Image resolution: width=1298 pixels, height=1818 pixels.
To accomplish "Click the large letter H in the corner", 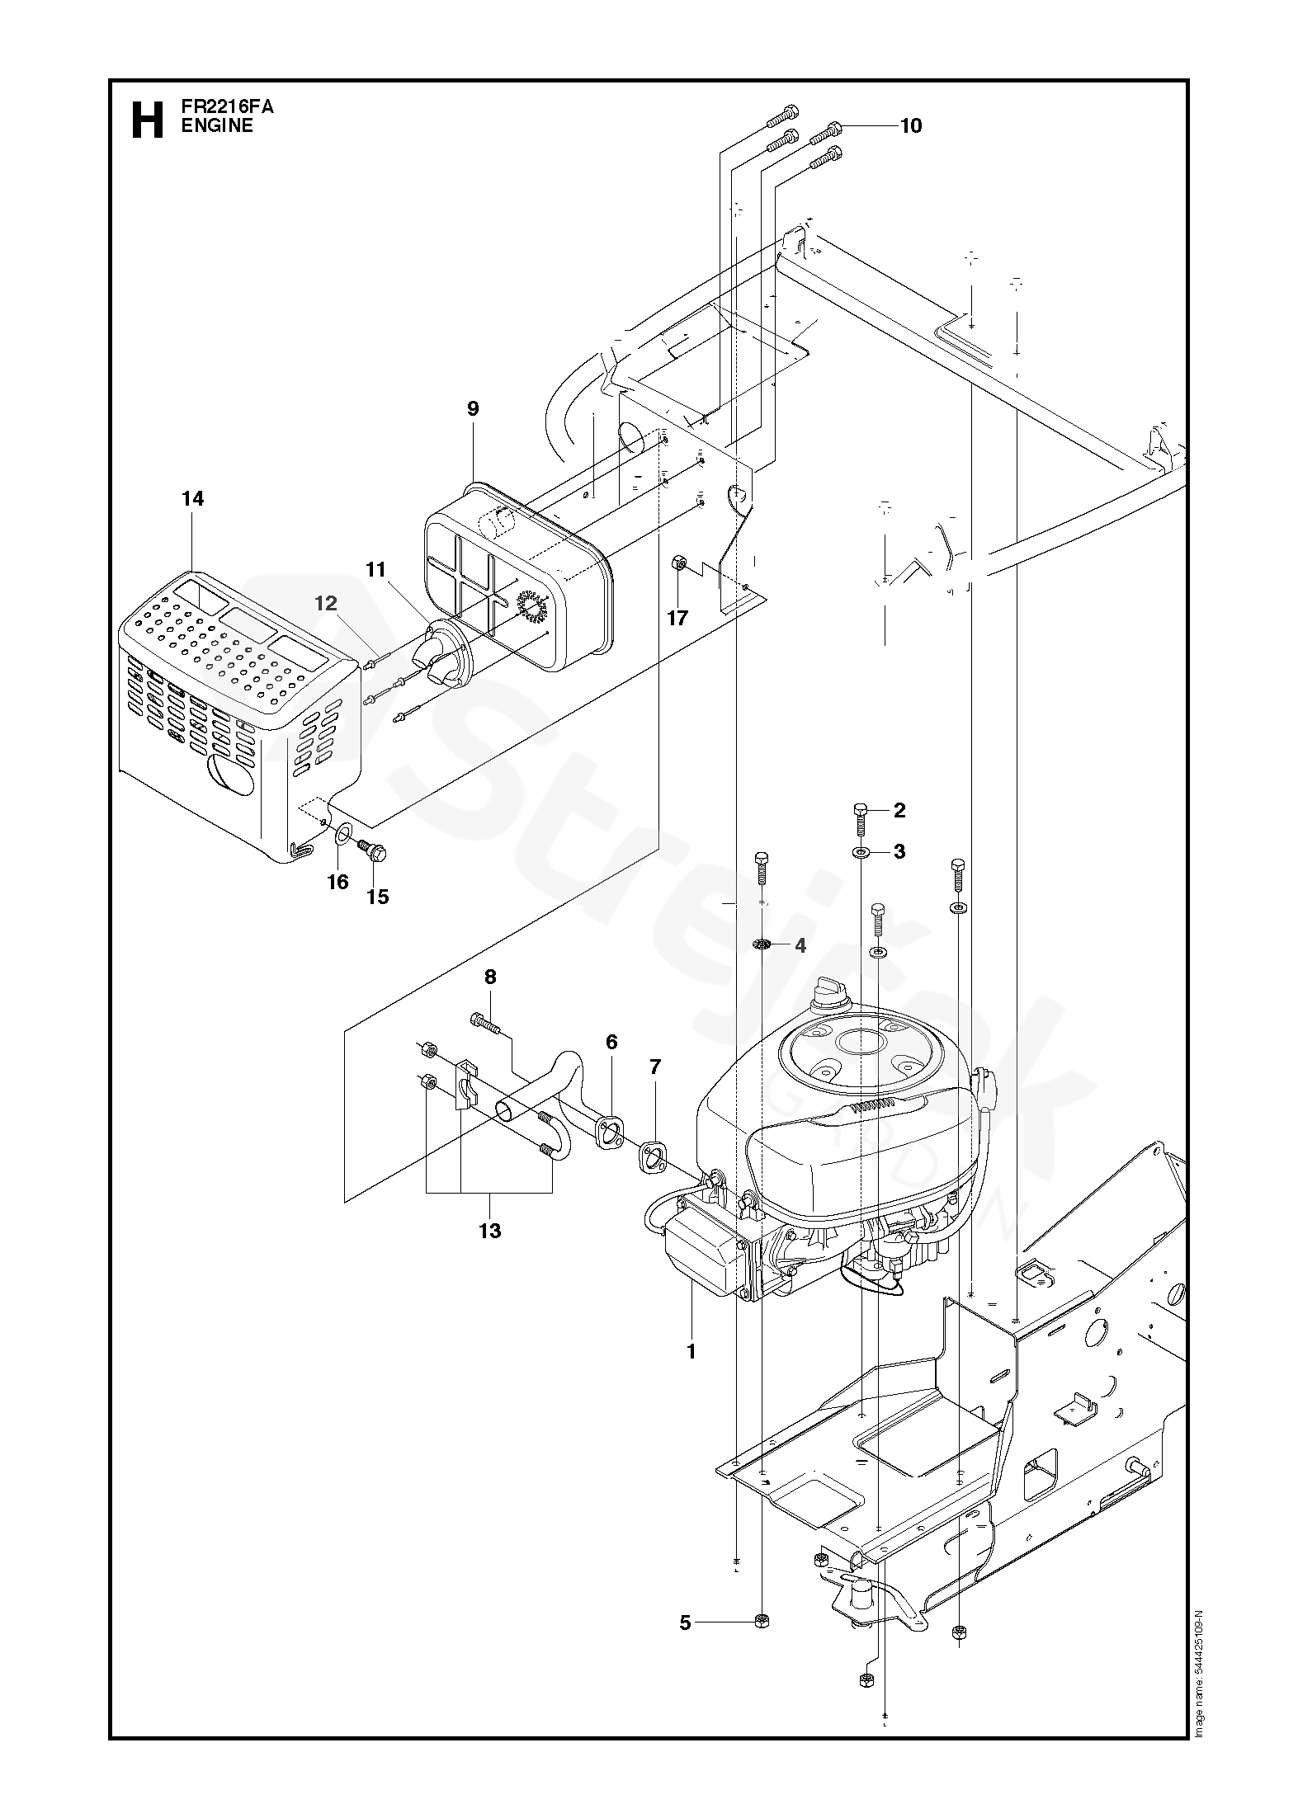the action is pos(147,120).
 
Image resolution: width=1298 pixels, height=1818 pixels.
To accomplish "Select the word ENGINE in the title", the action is pos(217,126).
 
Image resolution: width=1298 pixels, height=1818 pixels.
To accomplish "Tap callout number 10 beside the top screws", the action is pos(910,125).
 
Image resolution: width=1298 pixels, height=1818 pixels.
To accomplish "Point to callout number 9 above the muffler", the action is pos(473,408).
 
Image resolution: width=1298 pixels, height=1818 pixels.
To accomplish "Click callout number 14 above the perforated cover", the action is pos(193,499).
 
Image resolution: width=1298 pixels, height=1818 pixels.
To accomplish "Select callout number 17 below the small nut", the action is pos(677,618).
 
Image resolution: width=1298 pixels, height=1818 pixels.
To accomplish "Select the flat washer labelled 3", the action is pos(861,851).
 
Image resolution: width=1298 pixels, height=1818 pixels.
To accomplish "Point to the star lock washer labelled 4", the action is pos(762,944).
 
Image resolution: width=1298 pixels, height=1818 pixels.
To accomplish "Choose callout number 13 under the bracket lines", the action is pos(489,1231).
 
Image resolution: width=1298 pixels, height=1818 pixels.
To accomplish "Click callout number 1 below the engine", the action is pos(691,1352).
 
